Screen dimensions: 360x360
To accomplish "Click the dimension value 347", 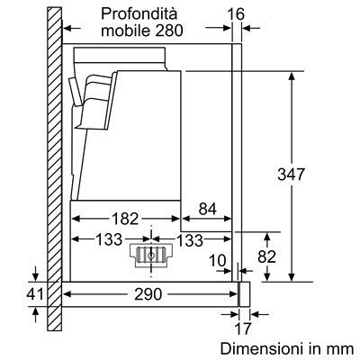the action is point(291,175).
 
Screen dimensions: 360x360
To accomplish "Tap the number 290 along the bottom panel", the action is point(148,294).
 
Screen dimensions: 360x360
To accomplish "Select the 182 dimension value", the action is point(125,219).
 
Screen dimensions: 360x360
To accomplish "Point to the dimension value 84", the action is point(207,209).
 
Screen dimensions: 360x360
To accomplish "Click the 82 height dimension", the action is point(266,256).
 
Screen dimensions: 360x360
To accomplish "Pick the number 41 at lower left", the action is point(35,294).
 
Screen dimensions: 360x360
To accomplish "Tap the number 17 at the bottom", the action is point(242,328).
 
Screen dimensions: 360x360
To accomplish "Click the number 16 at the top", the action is point(236,14).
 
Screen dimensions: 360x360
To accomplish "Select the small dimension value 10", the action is point(217,260).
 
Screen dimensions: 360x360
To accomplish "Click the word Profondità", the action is point(139,13).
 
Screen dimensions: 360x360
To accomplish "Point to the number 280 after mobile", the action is point(169,31).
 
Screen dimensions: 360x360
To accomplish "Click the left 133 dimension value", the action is point(109,239).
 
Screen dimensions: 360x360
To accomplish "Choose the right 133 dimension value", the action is point(190,240).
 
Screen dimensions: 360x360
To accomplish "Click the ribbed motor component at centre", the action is point(151,256).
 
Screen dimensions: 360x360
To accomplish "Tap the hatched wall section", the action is point(54,168).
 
